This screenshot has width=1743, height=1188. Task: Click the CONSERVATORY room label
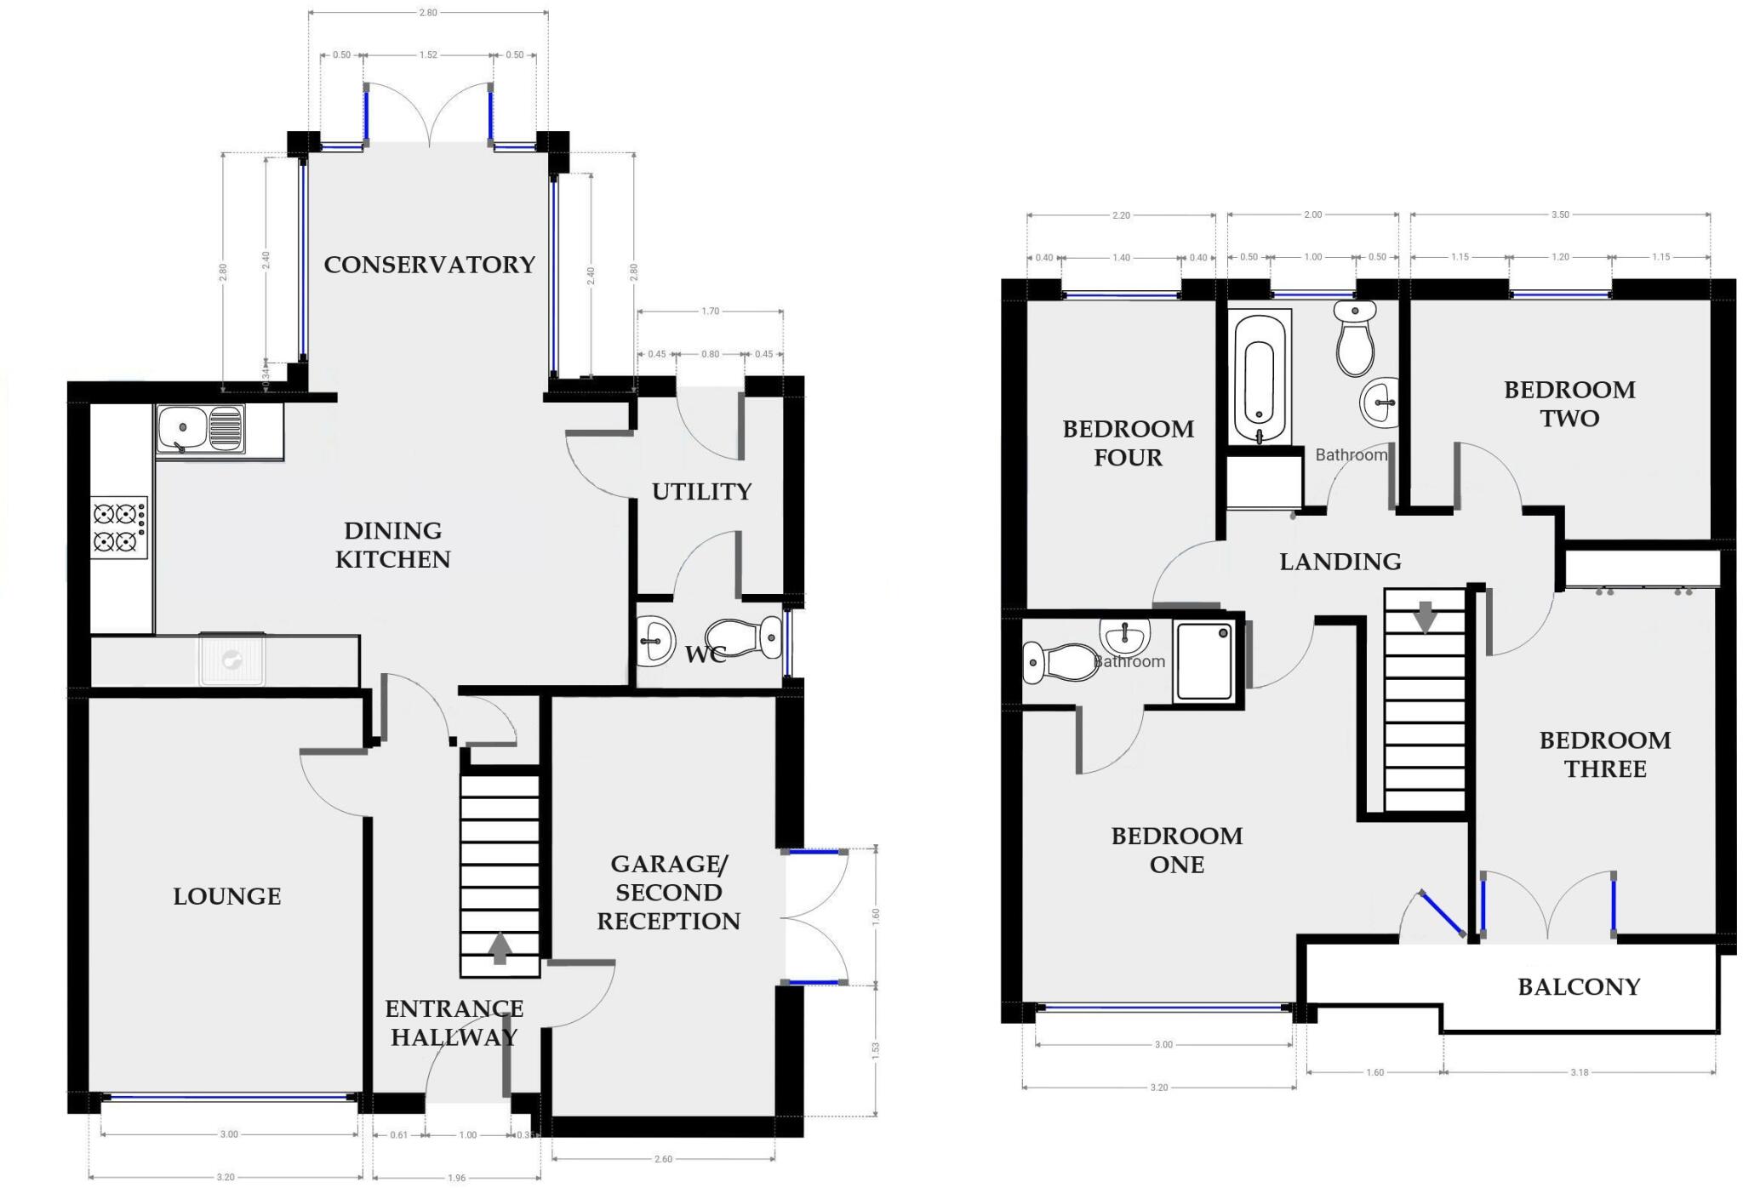(x=429, y=265)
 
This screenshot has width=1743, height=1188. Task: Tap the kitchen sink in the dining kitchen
(x=201, y=428)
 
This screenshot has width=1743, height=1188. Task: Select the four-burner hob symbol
(x=119, y=528)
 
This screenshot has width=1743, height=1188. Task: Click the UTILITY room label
(x=701, y=492)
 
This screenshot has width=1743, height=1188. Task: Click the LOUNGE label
(x=226, y=896)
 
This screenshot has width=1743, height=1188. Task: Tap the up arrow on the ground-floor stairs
(x=500, y=948)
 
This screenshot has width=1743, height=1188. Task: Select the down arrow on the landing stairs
(x=1425, y=617)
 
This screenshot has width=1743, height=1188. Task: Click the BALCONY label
(x=1578, y=987)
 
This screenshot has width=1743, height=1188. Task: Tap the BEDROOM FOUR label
(x=1128, y=443)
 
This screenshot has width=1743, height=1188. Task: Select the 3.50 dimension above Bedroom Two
(x=1559, y=215)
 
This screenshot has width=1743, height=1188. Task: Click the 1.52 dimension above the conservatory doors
(x=428, y=55)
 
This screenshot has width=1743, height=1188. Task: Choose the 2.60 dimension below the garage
(x=663, y=1159)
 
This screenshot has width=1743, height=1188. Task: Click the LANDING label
(x=1340, y=562)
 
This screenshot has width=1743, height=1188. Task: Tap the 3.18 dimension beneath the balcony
(x=1579, y=1072)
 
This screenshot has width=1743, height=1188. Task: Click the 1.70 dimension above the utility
(x=710, y=311)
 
